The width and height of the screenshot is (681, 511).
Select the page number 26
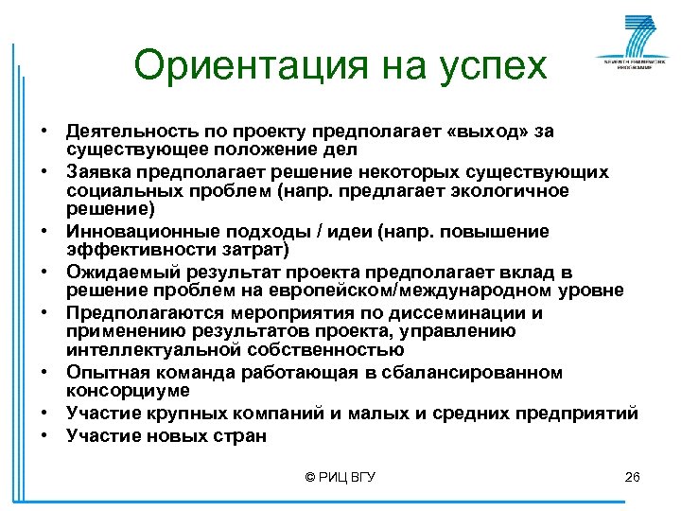tap(633, 477)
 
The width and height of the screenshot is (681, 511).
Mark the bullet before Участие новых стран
tap(45, 436)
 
